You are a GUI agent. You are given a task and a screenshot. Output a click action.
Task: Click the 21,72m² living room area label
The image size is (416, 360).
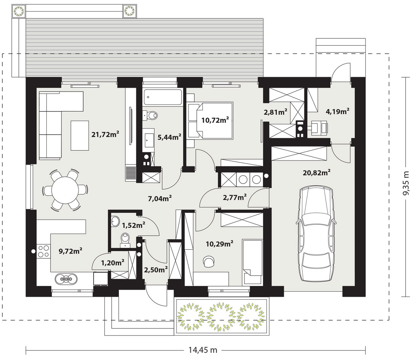[105, 134]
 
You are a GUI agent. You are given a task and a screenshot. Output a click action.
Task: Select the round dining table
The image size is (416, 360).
[65, 190]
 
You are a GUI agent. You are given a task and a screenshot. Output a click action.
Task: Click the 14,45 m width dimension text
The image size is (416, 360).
[203, 350]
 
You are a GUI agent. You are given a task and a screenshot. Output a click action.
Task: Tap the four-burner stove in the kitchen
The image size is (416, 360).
[43, 251]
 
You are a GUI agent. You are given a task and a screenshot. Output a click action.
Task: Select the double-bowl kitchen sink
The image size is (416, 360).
[66, 279]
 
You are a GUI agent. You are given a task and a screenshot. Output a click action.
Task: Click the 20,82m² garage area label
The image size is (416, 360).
[316, 173]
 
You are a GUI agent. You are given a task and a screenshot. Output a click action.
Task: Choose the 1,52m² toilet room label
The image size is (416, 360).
[134, 226]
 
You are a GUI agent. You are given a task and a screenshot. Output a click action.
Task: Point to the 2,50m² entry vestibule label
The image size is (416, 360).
[156, 270]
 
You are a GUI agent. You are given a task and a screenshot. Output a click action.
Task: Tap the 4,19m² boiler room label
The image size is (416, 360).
[338, 111]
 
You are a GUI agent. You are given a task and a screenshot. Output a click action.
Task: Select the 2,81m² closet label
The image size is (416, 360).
[275, 112]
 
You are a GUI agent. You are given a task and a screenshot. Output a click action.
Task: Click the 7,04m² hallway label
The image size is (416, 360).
[160, 198]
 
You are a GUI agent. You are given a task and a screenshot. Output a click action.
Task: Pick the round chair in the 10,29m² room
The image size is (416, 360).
[209, 261]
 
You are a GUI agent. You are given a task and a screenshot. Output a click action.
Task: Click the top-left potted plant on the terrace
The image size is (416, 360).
[19, 11]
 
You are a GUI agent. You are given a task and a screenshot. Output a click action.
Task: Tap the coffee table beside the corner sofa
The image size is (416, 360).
[80, 135]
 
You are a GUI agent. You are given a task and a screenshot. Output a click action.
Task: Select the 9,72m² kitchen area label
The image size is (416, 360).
[70, 251]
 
